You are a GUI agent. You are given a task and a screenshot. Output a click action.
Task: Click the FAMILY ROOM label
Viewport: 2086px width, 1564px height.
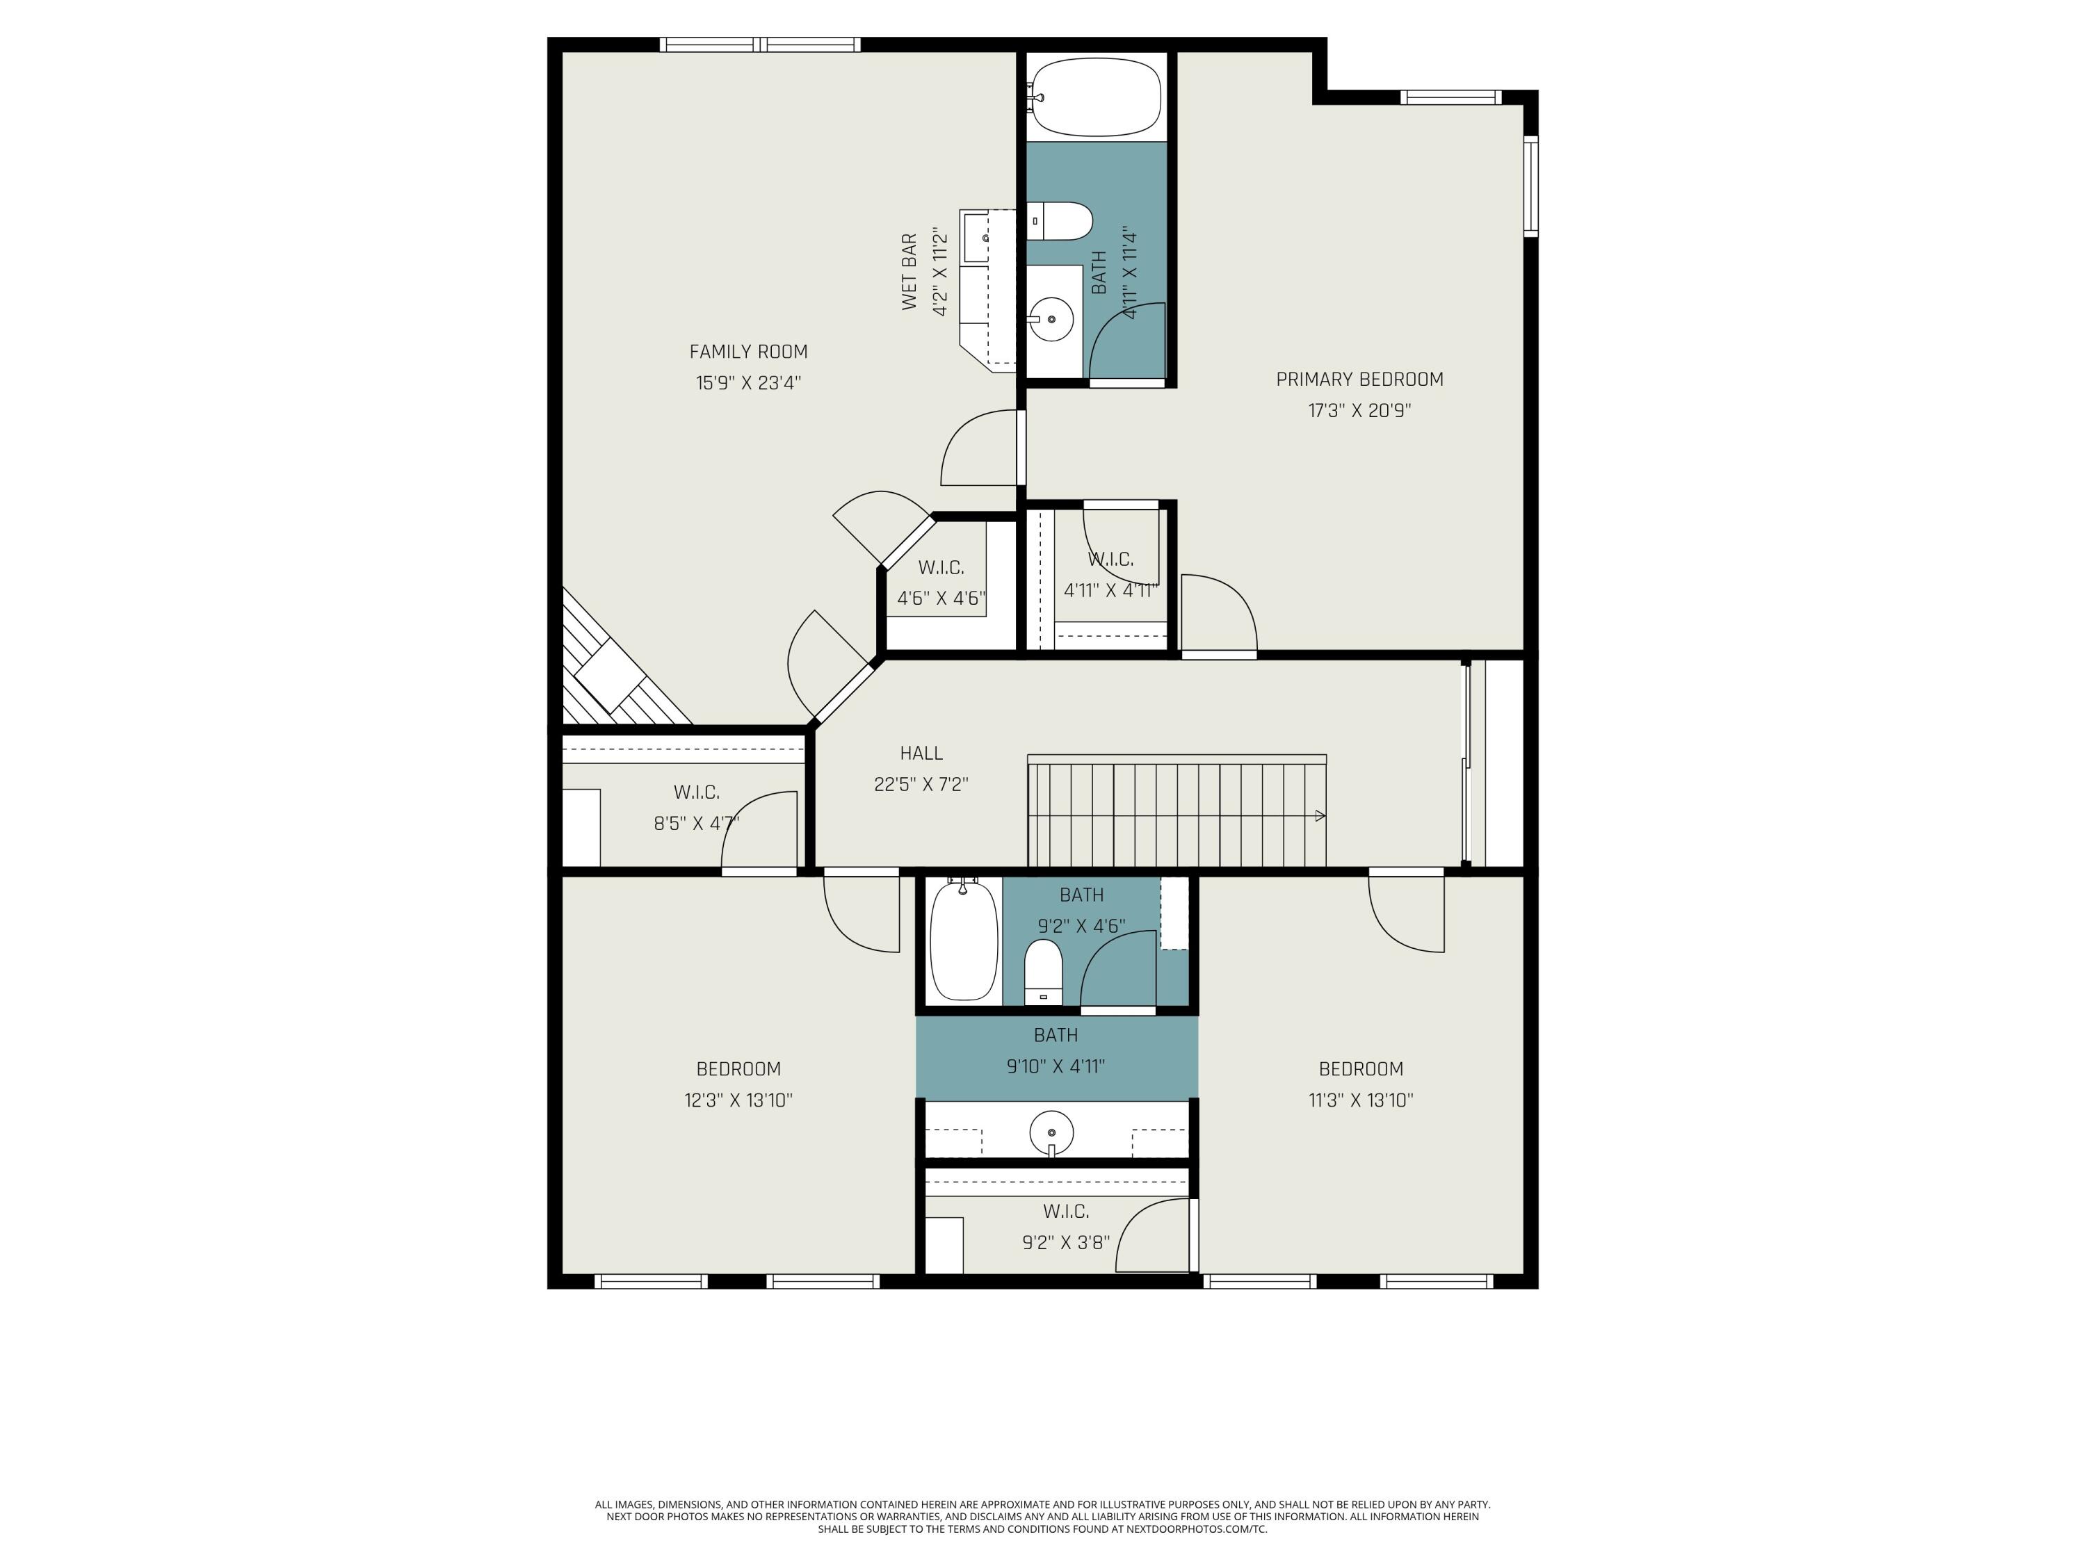point(747,352)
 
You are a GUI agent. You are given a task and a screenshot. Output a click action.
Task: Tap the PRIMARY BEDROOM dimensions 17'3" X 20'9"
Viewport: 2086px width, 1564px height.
point(1359,411)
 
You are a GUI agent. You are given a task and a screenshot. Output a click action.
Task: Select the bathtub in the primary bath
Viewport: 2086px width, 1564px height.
point(1096,97)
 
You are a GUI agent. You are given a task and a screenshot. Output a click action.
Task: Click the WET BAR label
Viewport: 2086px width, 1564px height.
point(909,272)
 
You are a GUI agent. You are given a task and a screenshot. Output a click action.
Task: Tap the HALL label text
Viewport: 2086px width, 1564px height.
point(921,754)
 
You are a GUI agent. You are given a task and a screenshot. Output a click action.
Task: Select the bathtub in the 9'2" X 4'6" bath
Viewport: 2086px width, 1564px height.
point(964,940)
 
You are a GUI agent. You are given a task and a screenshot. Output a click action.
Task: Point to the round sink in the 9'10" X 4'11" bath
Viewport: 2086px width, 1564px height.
point(1051,1130)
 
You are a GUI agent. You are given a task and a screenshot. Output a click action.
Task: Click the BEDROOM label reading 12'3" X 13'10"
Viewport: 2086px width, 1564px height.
point(738,1069)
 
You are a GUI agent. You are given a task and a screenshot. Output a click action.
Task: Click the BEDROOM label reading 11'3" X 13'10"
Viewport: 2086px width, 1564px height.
point(1360,1069)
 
